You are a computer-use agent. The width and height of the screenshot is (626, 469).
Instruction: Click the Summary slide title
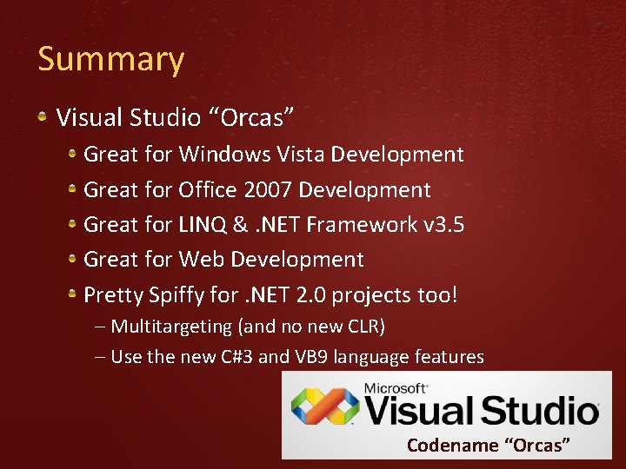(111, 60)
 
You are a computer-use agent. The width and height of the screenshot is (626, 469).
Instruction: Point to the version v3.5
(443, 224)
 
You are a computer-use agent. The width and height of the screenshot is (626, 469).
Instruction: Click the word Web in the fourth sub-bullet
(199, 259)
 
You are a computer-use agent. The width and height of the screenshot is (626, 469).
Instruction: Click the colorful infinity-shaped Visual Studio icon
(324, 405)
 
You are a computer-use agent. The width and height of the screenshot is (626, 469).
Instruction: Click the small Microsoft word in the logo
(396, 387)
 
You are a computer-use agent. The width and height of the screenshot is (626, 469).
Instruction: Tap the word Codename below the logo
(452, 446)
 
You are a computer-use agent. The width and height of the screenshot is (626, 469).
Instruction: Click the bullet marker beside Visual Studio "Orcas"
(44, 116)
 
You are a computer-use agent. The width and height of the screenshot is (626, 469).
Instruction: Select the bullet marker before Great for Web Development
(74, 259)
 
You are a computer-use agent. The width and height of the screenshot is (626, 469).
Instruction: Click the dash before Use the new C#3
(100, 357)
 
